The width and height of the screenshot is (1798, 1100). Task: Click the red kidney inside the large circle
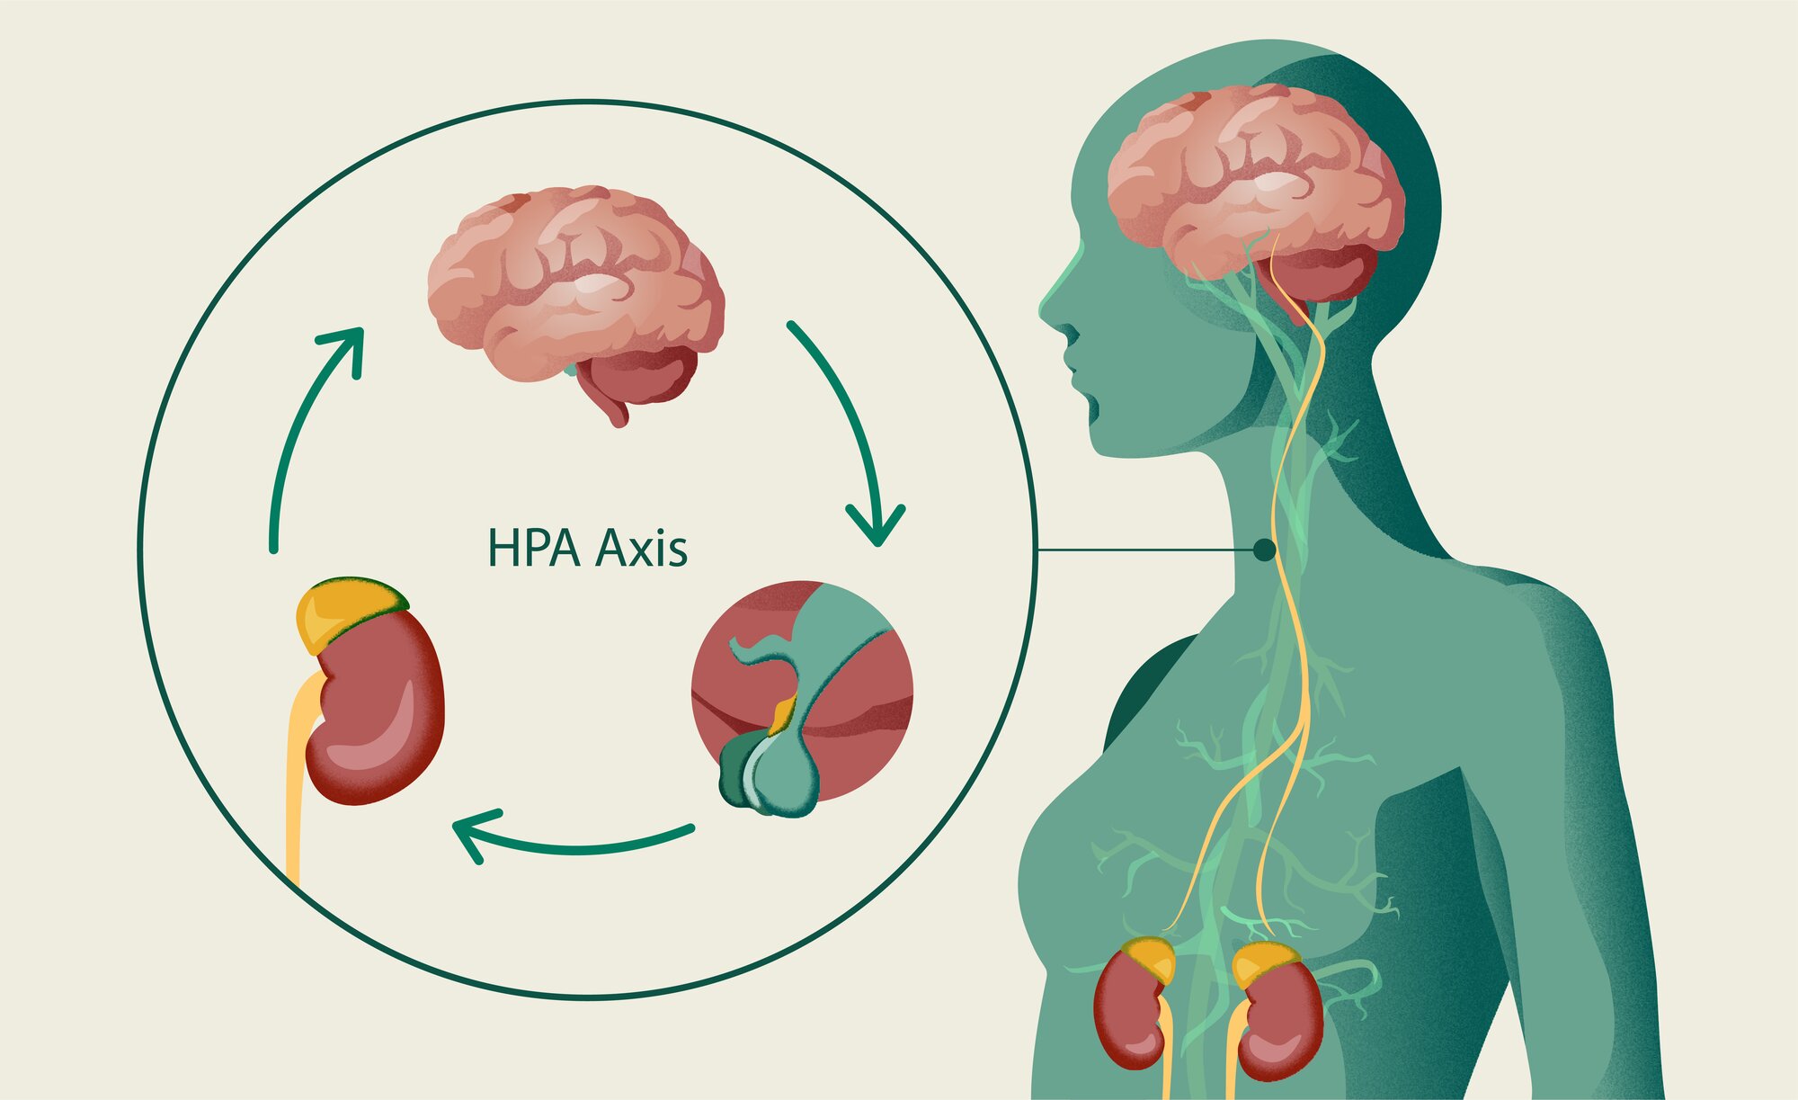pos(378,711)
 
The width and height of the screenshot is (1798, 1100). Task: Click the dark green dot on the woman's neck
pos(1264,549)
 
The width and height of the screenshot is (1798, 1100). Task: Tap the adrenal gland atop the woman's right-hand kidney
pos(1263,962)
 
